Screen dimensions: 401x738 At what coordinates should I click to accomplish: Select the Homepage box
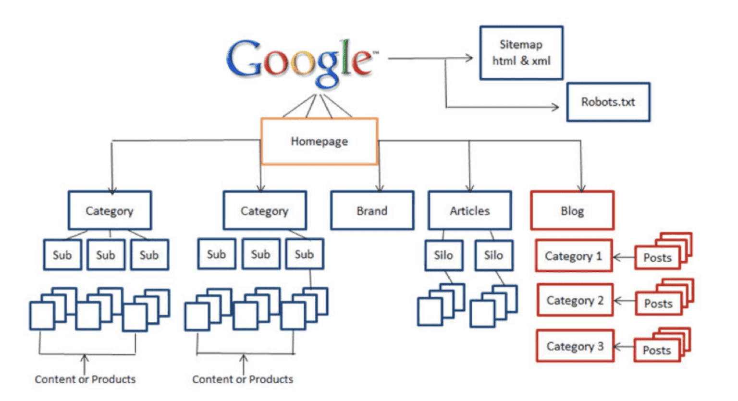(x=319, y=141)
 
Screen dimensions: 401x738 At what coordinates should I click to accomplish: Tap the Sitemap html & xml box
(x=521, y=53)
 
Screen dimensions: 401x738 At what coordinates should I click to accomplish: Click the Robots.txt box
(x=608, y=102)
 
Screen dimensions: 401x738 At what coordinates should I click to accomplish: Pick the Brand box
(x=372, y=211)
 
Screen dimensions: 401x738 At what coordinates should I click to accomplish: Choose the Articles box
(x=469, y=211)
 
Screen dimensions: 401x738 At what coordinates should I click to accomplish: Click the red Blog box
(x=572, y=211)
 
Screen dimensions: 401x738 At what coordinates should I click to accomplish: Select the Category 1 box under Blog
(x=574, y=256)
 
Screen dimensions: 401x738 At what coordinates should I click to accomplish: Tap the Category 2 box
(x=575, y=301)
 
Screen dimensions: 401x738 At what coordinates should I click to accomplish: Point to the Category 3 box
(x=575, y=346)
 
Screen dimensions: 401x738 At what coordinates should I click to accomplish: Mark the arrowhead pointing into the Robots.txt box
(x=556, y=107)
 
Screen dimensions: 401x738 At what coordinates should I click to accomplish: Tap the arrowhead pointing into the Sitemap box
(x=469, y=58)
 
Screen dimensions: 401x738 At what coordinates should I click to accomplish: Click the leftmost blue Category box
(x=110, y=211)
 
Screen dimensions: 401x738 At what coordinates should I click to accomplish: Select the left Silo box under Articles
(x=443, y=255)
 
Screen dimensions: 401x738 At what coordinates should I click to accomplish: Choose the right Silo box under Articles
(x=493, y=255)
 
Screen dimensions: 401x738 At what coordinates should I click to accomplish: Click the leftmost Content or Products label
(x=85, y=379)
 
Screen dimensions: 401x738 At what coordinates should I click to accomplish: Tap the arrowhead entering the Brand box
(x=380, y=188)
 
